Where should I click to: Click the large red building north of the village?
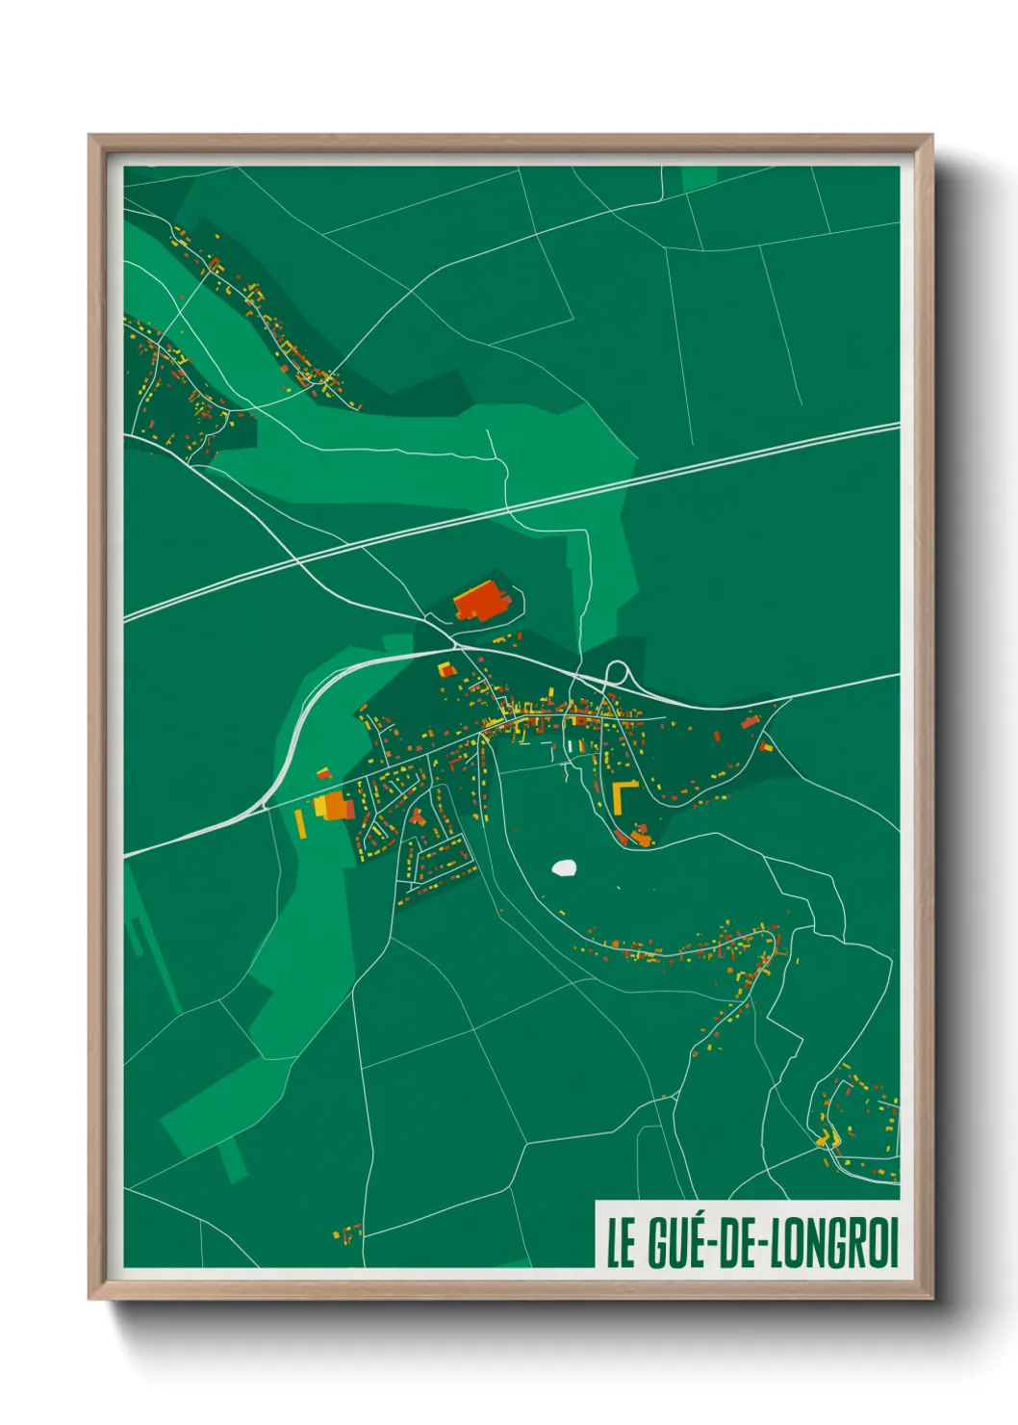pyautogui.click(x=481, y=601)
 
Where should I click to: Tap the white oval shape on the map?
pyautogui.click(x=564, y=868)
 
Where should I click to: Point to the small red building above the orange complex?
pyautogui.click(x=324, y=773)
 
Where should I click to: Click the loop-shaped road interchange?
pyautogui.click(x=616, y=671)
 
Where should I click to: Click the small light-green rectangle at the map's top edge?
pyautogui.click(x=700, y=180)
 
